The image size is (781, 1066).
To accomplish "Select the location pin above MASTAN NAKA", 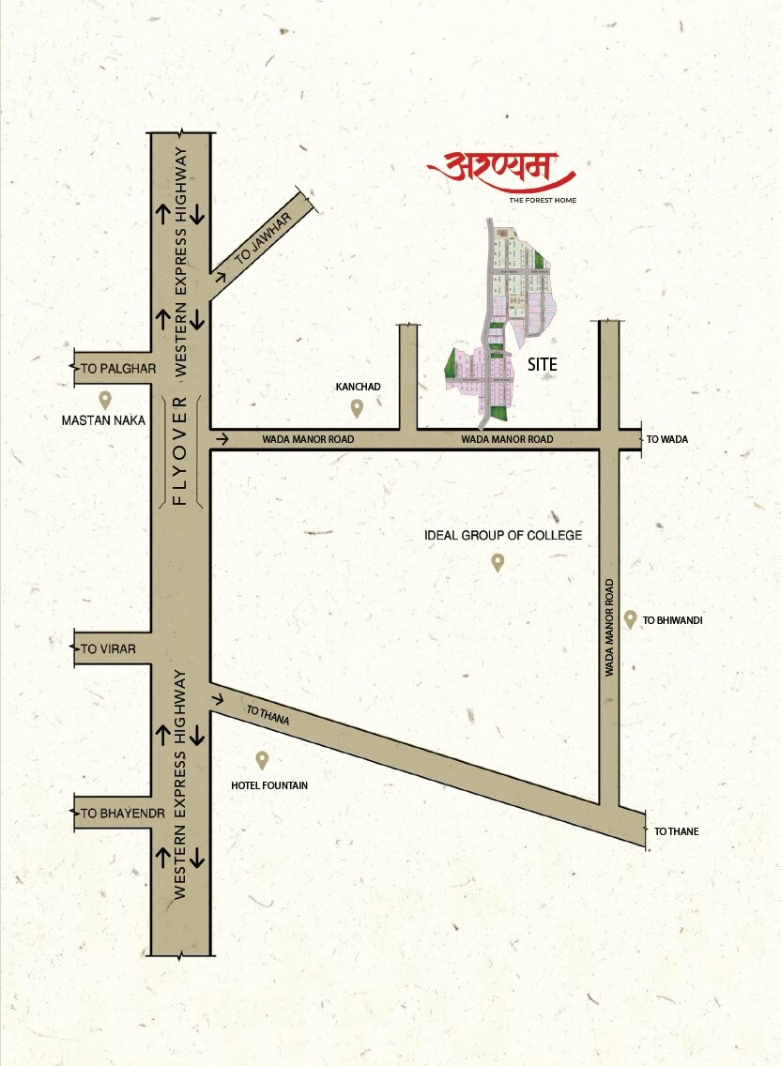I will point(105,399).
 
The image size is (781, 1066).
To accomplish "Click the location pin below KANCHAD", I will point(357,407).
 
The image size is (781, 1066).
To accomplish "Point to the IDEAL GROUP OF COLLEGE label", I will point(503,535).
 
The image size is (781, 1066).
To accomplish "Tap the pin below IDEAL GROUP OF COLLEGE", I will point(498,562).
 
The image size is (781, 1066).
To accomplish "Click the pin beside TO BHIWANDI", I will point(630,618).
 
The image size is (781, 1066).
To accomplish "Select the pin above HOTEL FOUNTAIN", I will point(262,759).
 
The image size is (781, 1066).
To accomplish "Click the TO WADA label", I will point(666,439).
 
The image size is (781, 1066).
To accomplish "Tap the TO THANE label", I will point(676,831).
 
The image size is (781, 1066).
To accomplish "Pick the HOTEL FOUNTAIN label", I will point(269,784).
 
